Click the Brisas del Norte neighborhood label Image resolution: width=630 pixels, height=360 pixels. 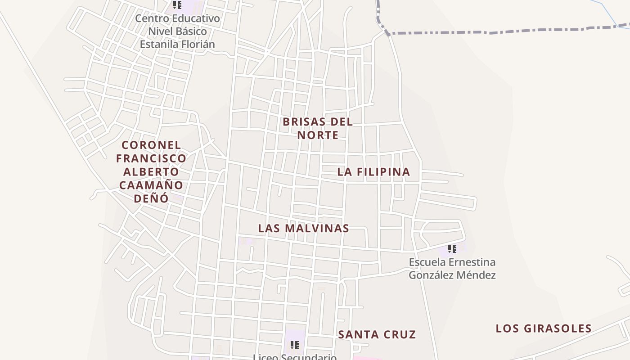[x=318, y=128]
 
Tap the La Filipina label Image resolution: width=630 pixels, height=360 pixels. [x=373, y=171]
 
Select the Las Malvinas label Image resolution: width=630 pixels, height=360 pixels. [x=304, y=228]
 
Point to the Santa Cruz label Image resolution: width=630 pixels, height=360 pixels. [x=377, y=334]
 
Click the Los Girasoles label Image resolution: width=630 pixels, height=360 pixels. [x=544, y=328]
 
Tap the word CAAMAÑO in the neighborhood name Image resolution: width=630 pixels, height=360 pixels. [x=151, y=185]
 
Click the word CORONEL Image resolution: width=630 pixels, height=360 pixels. [x=151, y=145]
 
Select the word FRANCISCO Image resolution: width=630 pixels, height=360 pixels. [x=151, y=158]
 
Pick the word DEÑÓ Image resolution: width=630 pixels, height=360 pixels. [x=151, y=198]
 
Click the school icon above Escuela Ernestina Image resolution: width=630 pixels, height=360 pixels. [x=452, y=248]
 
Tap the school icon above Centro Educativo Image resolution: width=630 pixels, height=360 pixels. [x=177, y=5]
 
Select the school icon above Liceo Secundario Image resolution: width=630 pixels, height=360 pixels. [x=295, y=345]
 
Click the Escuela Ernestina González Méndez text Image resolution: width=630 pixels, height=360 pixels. [x=452, y=268]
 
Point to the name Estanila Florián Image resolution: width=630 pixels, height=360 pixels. [x=177, y=44]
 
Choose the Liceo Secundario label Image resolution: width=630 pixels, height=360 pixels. [x=295, y=357]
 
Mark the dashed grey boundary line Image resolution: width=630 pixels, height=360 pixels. [x=495, y=32]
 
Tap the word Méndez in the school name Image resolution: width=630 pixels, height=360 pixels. [x=476, y=275]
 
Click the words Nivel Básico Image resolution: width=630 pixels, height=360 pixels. [x=177, y=31]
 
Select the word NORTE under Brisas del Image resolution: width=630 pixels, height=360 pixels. [x=318, y=135]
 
